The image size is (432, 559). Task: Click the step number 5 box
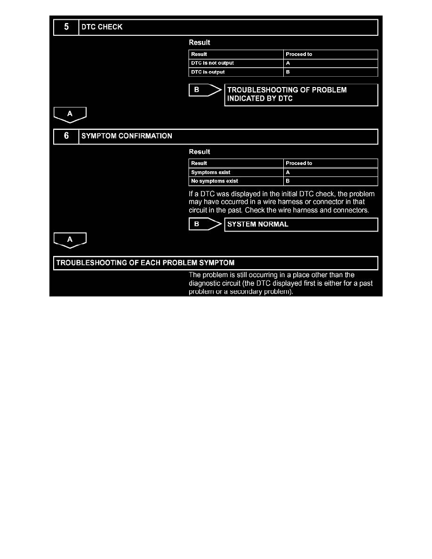pos(66,27)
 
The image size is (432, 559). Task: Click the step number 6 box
pos(66,136)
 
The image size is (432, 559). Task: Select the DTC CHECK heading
pos(102,27)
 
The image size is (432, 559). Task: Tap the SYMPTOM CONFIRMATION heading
pos(127,136)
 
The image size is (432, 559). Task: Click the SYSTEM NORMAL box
pos(301,224)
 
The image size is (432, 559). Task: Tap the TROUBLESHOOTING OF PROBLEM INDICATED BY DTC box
pos(301,95)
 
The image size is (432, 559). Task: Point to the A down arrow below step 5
pos(70,113)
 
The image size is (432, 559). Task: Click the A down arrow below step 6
pos(70,240)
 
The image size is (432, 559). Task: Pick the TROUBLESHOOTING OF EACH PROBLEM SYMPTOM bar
pos(216,263)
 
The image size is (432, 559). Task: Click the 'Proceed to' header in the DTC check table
pos(330,54)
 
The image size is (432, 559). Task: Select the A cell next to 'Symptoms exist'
pos(330,172)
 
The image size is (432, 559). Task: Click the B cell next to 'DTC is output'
pos(330,72)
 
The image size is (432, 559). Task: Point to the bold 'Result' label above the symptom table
pos(200,152)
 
